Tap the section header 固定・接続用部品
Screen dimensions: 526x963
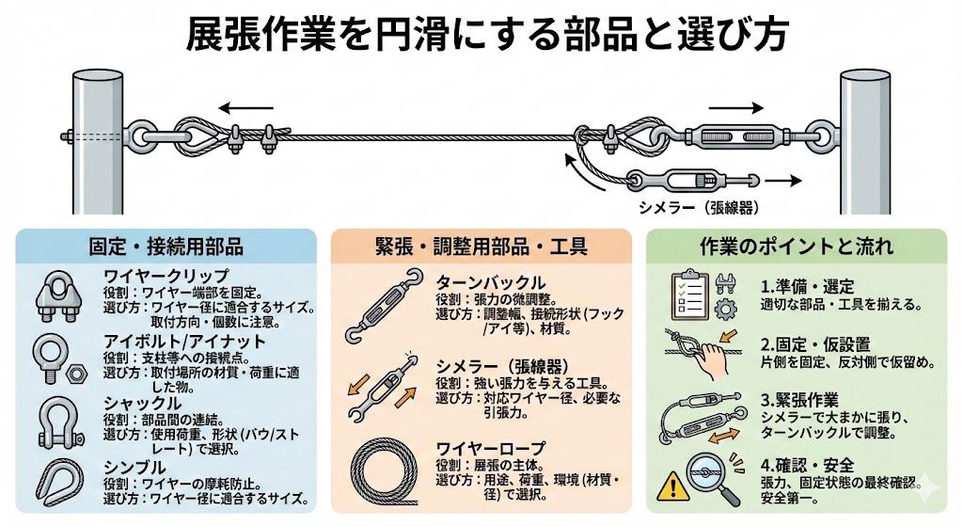coord(169,247)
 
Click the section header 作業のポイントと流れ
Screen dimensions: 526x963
coord(797,247)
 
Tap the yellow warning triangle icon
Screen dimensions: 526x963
coord(676,485)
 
